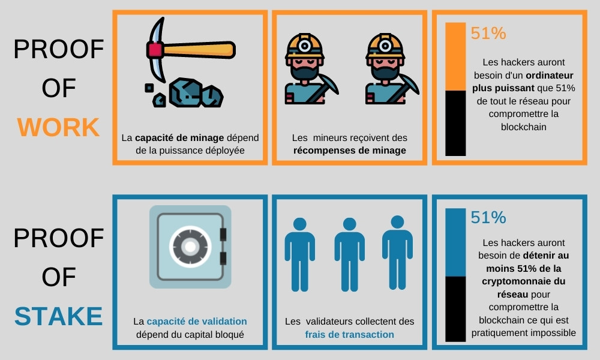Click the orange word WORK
59,127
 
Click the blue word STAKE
59,316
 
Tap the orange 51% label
488,33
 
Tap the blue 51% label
488,217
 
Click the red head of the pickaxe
155,50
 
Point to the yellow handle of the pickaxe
199,50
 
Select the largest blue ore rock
185,92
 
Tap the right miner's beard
385,71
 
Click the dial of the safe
190,247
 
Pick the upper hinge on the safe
223,234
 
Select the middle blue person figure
349,255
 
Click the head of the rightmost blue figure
398,222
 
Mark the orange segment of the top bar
455,56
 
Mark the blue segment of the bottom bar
455,242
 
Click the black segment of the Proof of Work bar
455,123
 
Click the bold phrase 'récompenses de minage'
350,151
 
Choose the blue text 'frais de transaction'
349,334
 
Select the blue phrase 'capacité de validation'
197,322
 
